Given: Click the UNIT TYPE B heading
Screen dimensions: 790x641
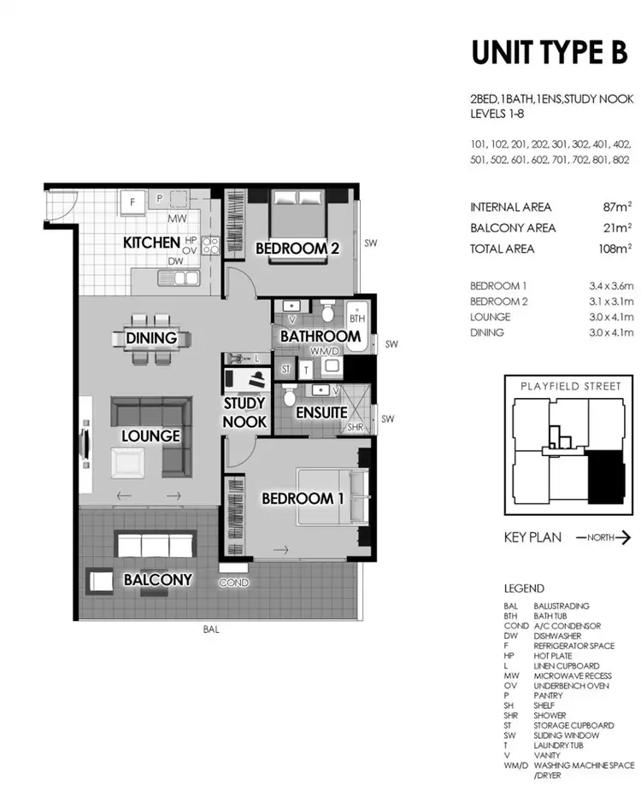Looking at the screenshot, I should (x=550, y=52).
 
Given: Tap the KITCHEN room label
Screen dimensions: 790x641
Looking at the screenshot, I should (x=151, y=243).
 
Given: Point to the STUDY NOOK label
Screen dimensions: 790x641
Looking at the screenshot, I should (x=245, y=412).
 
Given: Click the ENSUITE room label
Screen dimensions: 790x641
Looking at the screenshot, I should (x=321, y=413).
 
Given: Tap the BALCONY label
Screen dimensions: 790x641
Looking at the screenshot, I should (x=157, y=580).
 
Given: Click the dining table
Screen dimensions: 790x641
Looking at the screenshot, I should (x=151, y=338).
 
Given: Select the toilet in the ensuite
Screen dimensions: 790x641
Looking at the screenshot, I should (x=290, y=395).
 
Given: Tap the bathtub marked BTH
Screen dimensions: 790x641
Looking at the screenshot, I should (x=357, y=326).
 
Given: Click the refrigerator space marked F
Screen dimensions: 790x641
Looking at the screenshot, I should (x=132, y=202).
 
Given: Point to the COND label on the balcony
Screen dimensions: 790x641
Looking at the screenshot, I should (x=233, y=582).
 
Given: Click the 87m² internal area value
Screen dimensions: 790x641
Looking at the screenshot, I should (x=616, y=207).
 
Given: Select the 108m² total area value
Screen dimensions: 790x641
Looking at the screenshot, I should (x=613, y=249).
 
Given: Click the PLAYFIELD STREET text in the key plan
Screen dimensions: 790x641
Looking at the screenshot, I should (x=570, y=386).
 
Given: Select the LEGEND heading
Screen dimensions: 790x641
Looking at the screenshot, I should (x=524, y=588).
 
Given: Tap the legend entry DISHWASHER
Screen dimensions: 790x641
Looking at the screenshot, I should (x=558, y=635).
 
